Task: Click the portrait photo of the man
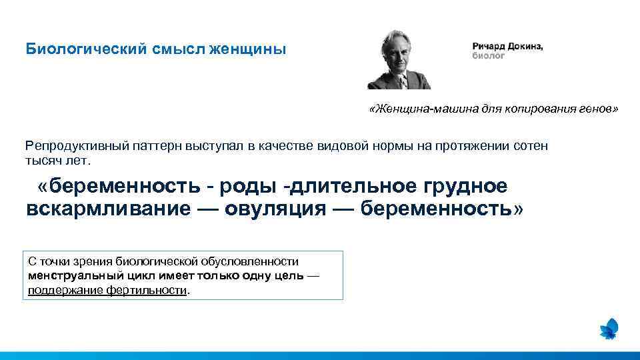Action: [399, 60]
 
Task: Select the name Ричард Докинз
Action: [507, 46]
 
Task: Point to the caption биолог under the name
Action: [489, 55]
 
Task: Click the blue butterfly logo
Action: [609, 329]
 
